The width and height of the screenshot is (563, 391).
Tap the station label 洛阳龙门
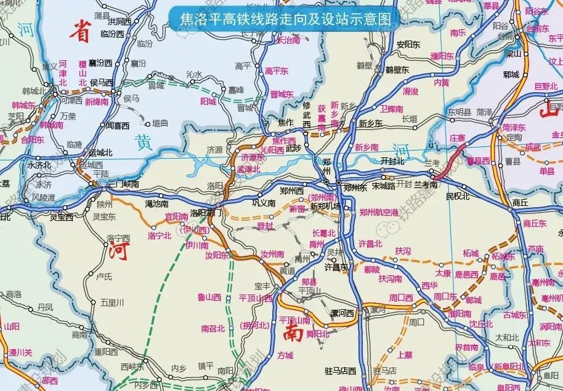(206, 213)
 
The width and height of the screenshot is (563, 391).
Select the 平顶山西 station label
(255, 298)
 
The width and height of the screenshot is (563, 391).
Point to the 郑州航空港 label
(379, 211)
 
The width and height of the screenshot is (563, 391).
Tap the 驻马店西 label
(340, 371)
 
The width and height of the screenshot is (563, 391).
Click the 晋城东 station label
(281, 95)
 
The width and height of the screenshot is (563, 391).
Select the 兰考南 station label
(425, 184)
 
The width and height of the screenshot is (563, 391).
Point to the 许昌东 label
(336, 267)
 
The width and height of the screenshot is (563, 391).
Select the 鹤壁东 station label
(397, 69)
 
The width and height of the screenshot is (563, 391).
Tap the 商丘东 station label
(534, 224)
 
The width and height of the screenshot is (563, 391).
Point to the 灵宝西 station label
(62, 217)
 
